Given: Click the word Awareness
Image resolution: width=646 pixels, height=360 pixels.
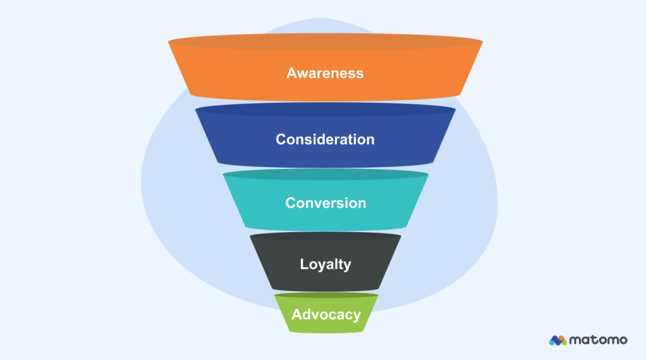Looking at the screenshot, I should point(325,73).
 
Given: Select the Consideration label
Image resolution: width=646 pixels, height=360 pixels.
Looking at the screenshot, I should point(325,139).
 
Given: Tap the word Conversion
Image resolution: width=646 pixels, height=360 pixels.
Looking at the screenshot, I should point(325,203).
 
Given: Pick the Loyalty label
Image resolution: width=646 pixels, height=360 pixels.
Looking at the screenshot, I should point(325,264).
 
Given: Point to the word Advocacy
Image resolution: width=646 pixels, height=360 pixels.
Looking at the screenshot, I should point(326,314).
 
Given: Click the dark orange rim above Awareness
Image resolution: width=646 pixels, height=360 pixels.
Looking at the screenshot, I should point(325,42).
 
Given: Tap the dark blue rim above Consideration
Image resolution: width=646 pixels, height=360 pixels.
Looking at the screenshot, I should point(325,110).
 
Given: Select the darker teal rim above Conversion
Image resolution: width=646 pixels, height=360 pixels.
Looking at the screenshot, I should point(325,175).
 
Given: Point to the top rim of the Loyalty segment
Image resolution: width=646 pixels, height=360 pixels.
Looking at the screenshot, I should point(325,236).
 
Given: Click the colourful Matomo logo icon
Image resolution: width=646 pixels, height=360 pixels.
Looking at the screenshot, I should point(558,340).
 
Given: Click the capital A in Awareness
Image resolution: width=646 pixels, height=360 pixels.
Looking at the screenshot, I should point(291,73).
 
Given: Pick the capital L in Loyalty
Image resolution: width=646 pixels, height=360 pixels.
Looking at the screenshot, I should point(304,264).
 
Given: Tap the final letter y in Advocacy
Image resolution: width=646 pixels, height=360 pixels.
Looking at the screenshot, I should point(357,315).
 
